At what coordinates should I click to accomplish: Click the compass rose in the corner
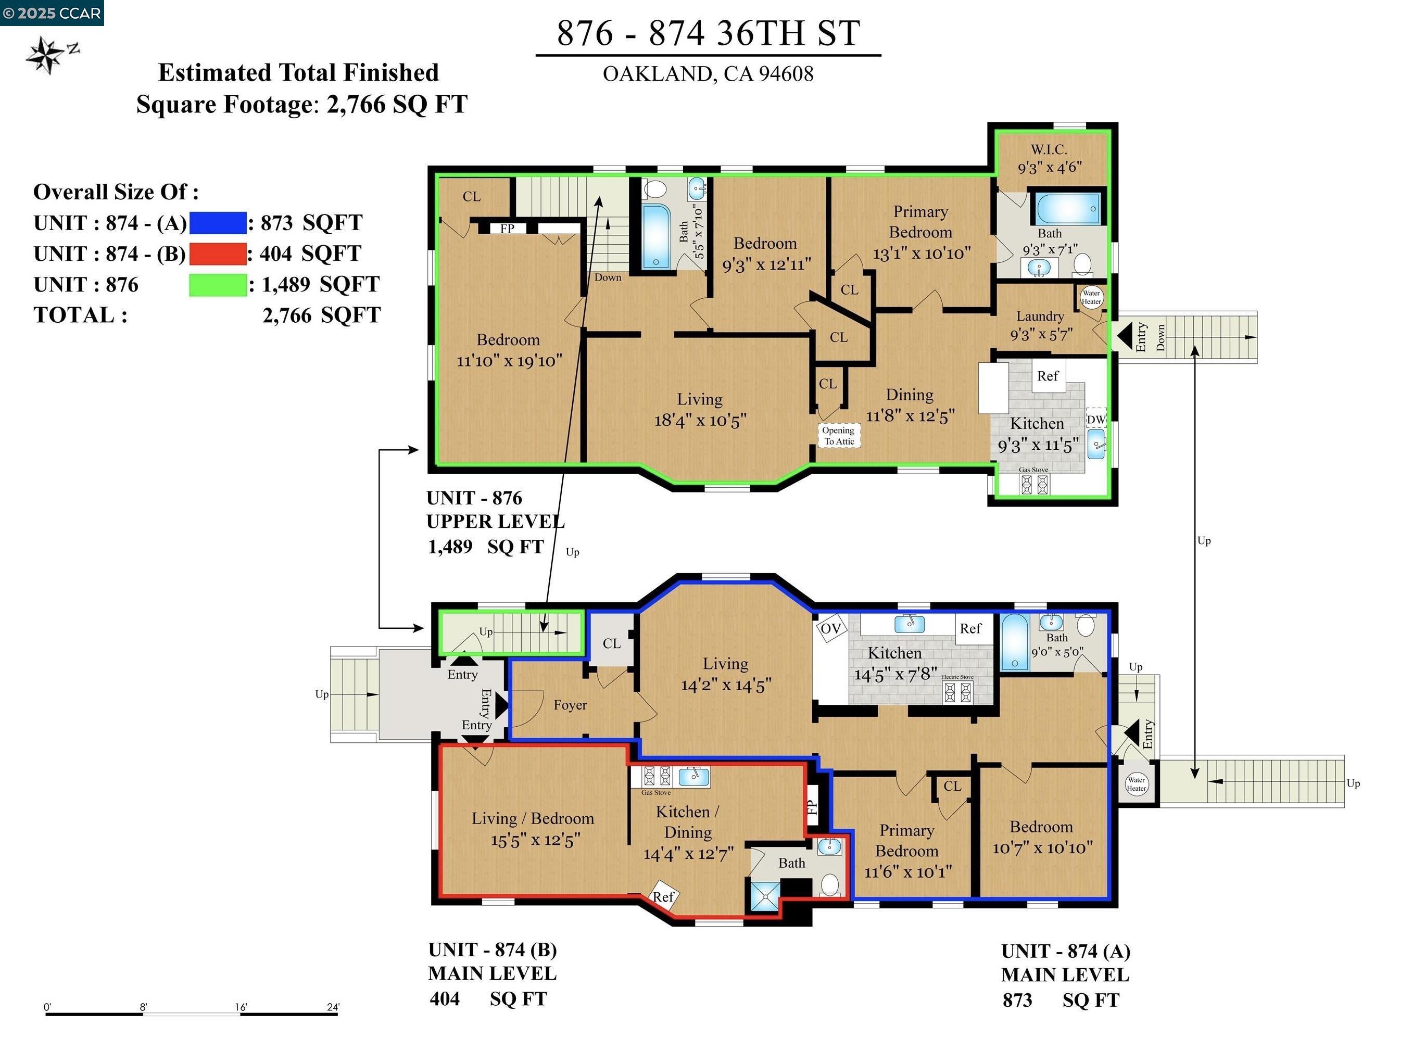[45, 55]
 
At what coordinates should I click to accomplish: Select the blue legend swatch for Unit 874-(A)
[218, 223]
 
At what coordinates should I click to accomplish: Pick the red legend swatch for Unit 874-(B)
[218, 254]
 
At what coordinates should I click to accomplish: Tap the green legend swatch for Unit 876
[218, 285]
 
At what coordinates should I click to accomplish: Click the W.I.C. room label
[1049, 149]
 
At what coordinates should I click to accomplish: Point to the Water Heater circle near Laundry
[1091, 297]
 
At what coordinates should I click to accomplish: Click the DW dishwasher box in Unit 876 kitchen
[1096, 419]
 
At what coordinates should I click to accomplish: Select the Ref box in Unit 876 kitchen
[1048, 376]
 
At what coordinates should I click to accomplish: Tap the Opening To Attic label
[838, 435]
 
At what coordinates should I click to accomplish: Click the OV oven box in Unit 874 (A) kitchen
[830, 628]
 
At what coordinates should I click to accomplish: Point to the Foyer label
[570, 705]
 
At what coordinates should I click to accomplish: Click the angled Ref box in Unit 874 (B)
[663, 896]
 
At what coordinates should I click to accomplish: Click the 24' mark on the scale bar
[333, 1007]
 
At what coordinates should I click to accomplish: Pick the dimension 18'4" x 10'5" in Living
[700, 420]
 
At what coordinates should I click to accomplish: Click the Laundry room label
[1040, 316]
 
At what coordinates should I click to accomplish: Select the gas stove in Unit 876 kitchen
[1034, 484]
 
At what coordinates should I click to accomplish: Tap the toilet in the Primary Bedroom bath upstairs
[1081, 264]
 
